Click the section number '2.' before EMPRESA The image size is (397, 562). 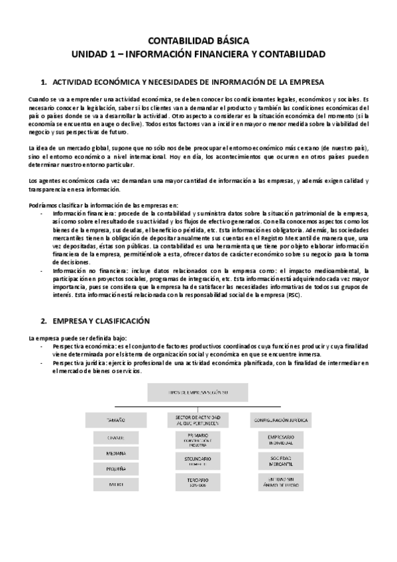pos(44,320)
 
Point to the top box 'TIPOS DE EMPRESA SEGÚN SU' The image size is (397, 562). pos(198,393)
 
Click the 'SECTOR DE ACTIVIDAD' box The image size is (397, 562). pos(198,420)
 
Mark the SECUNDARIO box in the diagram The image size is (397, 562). pos(198,461)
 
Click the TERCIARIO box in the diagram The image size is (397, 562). pos(198,482)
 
